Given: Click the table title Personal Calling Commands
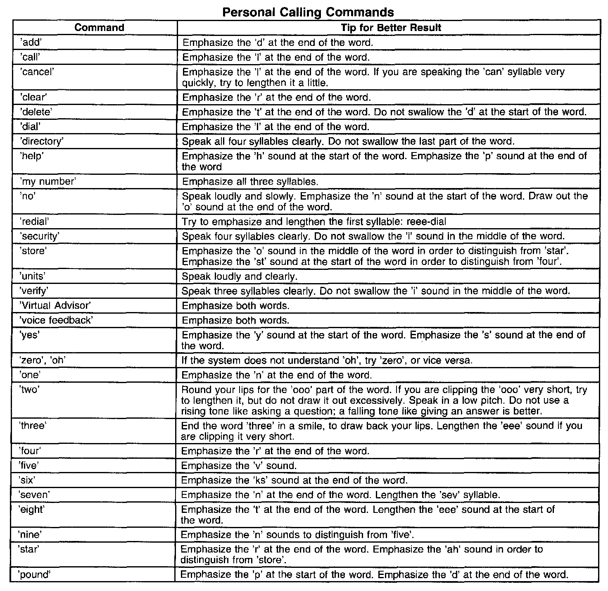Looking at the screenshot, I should click(x=308, y=12).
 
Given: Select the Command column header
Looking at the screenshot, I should click(x=99, y=28).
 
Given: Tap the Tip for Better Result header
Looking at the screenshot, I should click(x=391, y=28).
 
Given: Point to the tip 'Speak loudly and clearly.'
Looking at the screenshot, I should click(x=240, y=276).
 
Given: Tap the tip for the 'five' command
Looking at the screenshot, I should click(x=239, y=466).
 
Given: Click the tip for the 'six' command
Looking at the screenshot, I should click(x=294, y=480).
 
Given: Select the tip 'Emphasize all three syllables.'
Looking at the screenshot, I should click(x=250, y=181).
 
